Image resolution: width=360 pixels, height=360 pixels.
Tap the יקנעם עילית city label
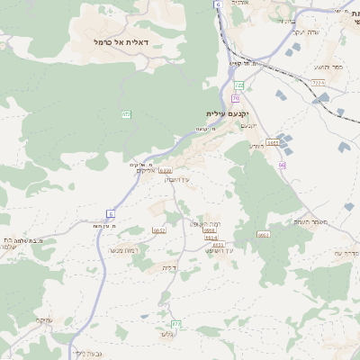click(226, 113)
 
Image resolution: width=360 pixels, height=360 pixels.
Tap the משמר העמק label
click(310, 221)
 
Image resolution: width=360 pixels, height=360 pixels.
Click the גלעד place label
click(166, 335)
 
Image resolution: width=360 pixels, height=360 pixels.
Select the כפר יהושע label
click(328, 67)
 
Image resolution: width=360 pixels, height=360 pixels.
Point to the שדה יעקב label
click(301, 32)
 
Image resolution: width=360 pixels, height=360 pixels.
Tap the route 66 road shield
click(282, 165)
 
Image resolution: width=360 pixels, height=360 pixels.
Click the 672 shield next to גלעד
click(175, 323)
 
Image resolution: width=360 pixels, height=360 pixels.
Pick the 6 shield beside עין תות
click(111, 213)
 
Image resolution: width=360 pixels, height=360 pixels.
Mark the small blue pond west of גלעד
click(144, 316)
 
